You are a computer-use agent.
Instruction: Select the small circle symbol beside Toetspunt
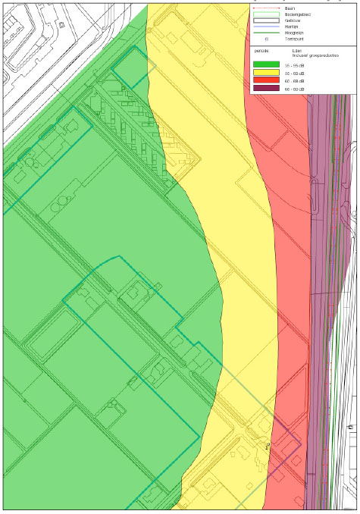[x=267, y=39]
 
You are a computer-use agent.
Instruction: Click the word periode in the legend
[x=262, y=52]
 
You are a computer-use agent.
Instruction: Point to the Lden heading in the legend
[x=297, y=52]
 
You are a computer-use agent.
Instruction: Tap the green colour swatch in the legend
[x=267, y=66]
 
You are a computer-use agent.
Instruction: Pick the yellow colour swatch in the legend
[x=267, y=74]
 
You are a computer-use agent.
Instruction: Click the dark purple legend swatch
[x=267, y=89]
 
